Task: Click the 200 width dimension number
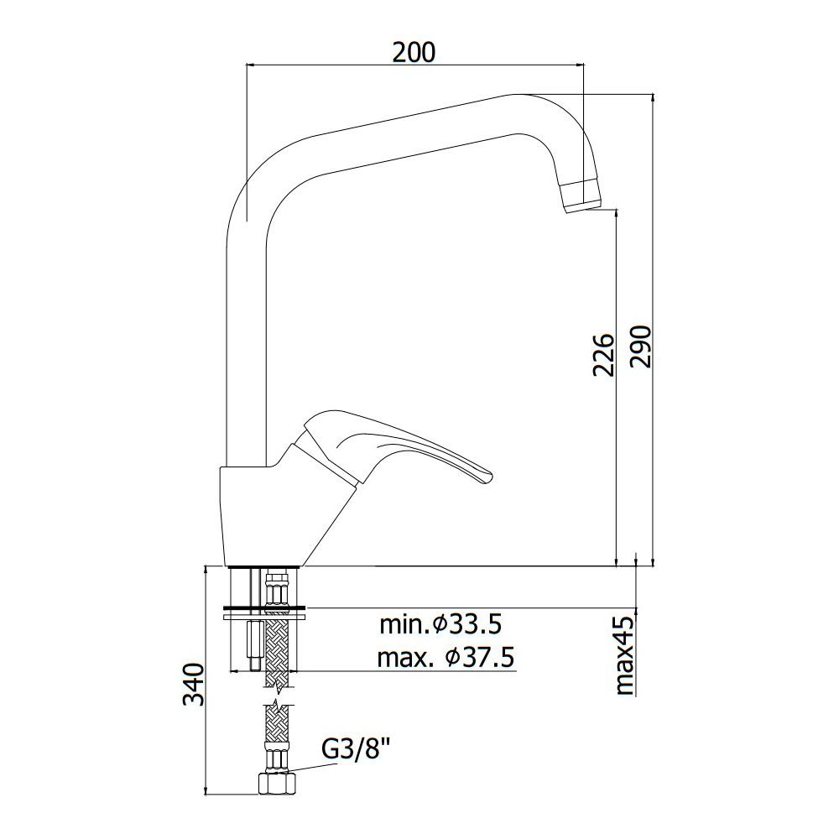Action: point(414,52)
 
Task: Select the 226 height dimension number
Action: point(603,355)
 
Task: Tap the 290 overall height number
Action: point(640,347)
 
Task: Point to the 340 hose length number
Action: point(194,685)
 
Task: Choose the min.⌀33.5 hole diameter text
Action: point(441,624)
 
